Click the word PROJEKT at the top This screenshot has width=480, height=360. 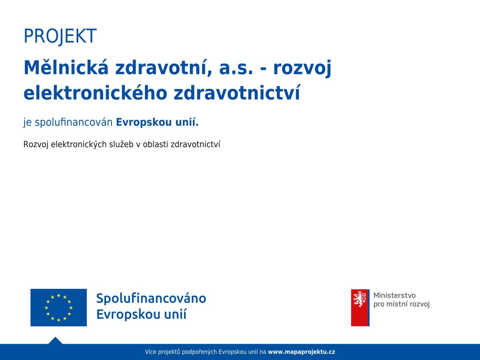[x=60, y=36]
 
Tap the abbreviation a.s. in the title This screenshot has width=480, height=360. [x=236, y=68]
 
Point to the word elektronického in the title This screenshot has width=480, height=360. [x=95, y=93]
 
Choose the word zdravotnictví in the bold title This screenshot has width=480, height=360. [x=237, y=93]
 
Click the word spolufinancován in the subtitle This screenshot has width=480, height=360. [x=74, y=122]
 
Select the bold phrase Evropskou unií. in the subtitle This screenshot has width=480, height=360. [x=157, y=122]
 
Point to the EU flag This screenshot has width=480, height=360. [x=59, y=308]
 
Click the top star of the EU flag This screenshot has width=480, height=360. [x=59, y=296]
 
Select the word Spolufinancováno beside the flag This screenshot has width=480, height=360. [x=151, y=298]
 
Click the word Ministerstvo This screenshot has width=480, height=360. [x=394, y=295]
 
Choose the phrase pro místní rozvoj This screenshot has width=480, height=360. [x=402, y=304]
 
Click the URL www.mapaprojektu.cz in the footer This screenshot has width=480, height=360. [x=301, y=352]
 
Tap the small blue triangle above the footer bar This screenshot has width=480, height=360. [x=55, y=341]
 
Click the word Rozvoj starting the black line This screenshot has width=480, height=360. [x=36, y=144]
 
